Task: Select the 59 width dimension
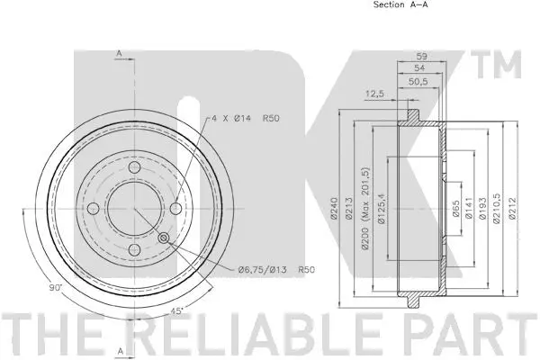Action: pyautogui.click(x=421, y=56)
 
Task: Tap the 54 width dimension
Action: pyautogui.click(x=419, y=67)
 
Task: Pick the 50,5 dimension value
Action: pyautogui.click(x=418, y=82)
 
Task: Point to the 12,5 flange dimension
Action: pyautogui.click(x=374, y=94)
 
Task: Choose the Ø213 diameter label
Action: pyautogui.click(x=348, y=208)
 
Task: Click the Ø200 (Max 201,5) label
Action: pyautogui.click(x=365, y=208)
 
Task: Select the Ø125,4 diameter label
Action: pyautogui.click(x=381, y=209)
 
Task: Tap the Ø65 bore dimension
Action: pyautogui.click(x=455, y=209)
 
